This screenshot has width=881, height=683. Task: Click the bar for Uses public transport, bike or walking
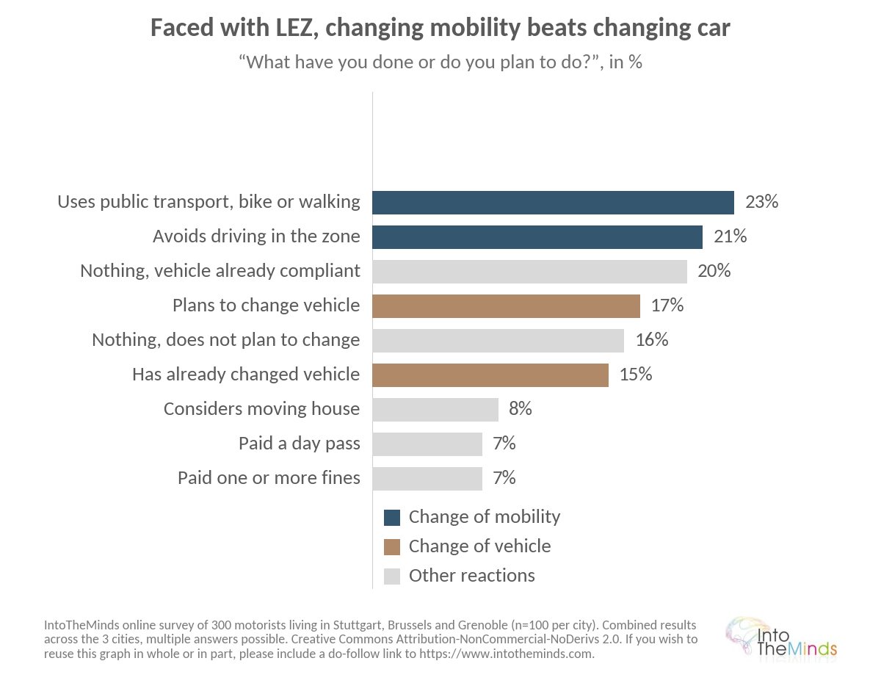point(553,203)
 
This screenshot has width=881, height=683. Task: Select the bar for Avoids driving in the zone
point(537,237)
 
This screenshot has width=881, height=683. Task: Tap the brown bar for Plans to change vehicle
point(506,306)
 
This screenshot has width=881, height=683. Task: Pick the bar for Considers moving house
point(435,410)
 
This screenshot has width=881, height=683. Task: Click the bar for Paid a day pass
point(427,444)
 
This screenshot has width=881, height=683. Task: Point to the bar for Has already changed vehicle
point(490,375)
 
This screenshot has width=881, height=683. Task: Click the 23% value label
point(762,201)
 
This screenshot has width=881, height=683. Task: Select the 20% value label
point(714,270)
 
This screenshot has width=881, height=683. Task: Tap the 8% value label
point(521,408)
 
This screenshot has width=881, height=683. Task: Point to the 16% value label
point(652,339)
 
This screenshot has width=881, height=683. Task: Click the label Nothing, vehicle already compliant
point(220,271)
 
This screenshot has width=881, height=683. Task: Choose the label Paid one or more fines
point(269,478)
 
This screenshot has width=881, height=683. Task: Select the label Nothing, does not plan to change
point(226,340)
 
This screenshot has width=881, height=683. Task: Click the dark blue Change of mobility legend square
point(391,518)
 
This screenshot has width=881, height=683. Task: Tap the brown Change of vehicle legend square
point(391,546)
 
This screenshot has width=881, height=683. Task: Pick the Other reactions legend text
point(472,576)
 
